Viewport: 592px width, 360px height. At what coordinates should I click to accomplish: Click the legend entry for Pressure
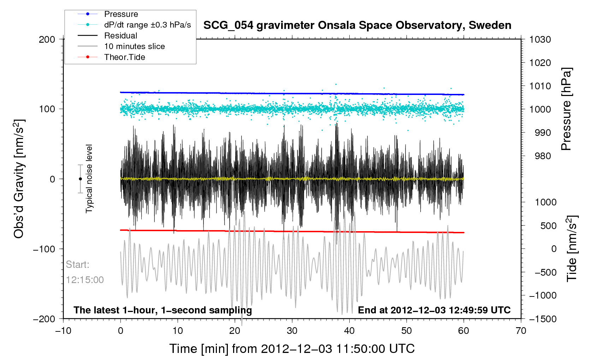(x=121, y=14)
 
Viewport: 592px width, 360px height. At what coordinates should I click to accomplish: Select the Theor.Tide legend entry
(x=124, y=57)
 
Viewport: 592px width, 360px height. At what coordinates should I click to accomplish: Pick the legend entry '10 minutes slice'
(x=134, y=46)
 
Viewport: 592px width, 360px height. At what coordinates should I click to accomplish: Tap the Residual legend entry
(x=120, y=36)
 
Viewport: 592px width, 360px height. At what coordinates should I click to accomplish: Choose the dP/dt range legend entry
(x=147, y=25)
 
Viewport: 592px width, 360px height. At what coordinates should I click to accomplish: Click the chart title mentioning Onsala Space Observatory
(x=357, y=25)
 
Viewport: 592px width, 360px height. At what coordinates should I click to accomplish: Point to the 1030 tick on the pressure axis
(x=540, y=40)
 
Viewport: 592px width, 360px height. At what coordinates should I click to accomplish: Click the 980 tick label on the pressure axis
(x=540, y=156)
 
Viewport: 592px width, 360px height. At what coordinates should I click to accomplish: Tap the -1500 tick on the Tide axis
(x=543, y=319)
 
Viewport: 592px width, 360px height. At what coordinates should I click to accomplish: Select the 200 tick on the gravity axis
(x=47, y=40)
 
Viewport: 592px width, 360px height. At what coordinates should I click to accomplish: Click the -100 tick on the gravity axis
(x=44, y=249)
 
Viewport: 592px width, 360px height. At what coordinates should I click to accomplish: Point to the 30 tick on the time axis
(x=292, y=331)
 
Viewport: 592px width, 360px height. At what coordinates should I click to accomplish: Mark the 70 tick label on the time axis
(x=521, y=331)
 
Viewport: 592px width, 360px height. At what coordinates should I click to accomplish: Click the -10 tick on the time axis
(x=63, y=331)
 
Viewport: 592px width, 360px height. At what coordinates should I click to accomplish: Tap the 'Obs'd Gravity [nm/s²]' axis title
(x=19, y=179)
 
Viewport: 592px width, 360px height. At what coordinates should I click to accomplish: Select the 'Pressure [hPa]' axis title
(x=566, y=109)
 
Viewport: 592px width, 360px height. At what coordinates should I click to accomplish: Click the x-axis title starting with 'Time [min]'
(x=292, y=349)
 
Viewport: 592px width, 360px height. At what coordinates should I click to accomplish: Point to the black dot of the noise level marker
(x=81, y=179)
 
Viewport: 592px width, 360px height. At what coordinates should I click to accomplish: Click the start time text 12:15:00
(x=85, y=280)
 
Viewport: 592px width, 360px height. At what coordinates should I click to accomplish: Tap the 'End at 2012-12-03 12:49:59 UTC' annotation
(x=434, y=310)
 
